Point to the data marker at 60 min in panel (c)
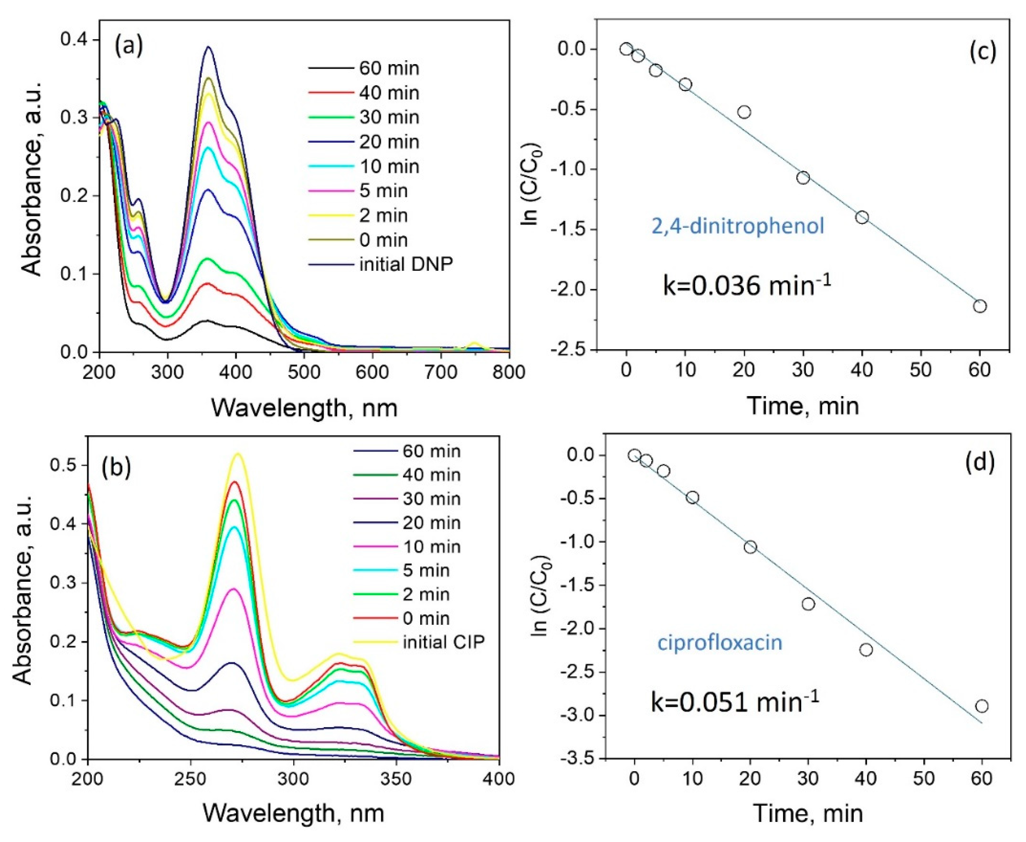pyautogui.click(x=980, y=306)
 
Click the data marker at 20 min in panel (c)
pyautogui.click(x=744, y=112)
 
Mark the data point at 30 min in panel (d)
pyautogui.click(x=808, y=604)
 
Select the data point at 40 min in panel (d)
pyautogui.click(x=866, y=649)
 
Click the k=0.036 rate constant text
pyautogui.click(x=747, y=287)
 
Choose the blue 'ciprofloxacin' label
pyautogui.click(x=720, y=643)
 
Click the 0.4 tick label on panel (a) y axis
pyautogui.click(x=73, y=40)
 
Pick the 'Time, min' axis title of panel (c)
pyautogui.click(x=803, y=406)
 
